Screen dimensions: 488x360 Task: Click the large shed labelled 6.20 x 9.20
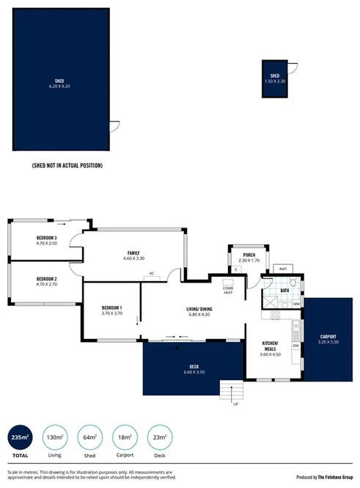pos(58,81)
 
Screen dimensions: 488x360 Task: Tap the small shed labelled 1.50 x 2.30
pos(275,78)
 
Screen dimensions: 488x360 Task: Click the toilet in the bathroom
pos(292,283)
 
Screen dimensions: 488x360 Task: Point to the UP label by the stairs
pos(235,404)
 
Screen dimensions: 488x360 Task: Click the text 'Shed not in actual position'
pos(67,166)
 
